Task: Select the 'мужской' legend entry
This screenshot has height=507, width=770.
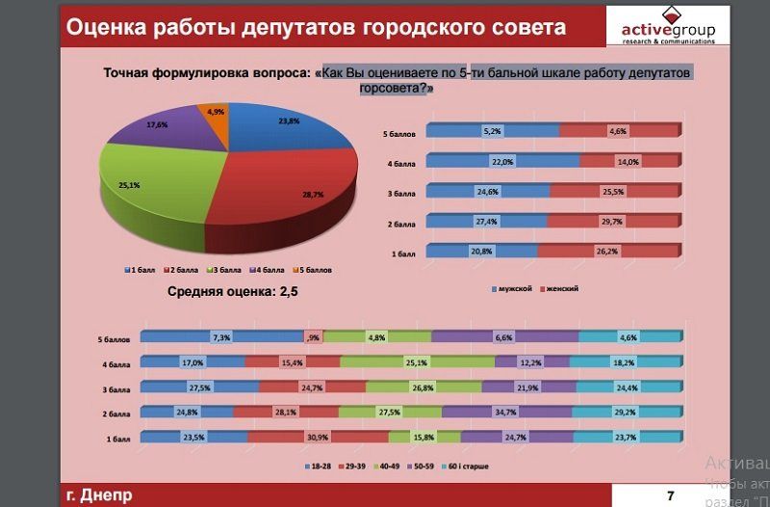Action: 511,288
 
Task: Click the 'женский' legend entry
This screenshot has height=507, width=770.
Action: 562,288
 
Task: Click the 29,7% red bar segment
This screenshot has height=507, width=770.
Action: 612,221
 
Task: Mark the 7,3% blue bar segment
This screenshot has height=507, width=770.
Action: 221,337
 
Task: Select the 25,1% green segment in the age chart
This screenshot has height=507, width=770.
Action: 416,362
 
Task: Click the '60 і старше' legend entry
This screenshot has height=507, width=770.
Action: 466,467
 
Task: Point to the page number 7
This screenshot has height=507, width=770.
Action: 670,495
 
